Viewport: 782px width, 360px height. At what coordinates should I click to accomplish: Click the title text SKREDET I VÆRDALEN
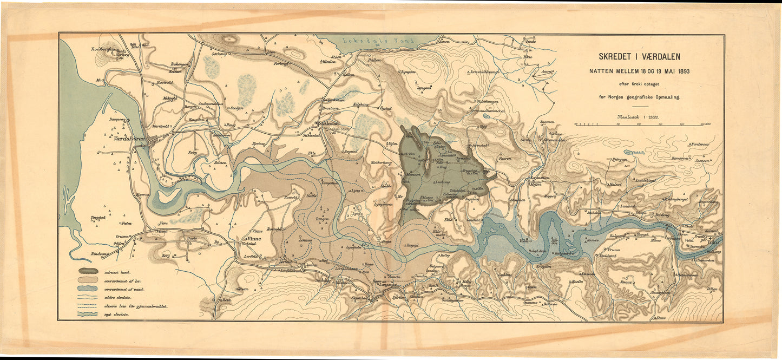[639, 56]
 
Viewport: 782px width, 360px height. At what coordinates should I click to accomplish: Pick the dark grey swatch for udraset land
[88, 271]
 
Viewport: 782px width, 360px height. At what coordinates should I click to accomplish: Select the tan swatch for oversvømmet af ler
[88, 280]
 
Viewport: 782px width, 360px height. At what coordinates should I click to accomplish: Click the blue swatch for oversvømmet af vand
[88, 289]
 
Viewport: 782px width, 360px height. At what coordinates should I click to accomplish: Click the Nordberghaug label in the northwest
[104, 49]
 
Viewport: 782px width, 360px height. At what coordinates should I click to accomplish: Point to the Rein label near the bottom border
[227, 299]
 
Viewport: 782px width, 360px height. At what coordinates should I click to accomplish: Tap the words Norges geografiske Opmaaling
[639, 97]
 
